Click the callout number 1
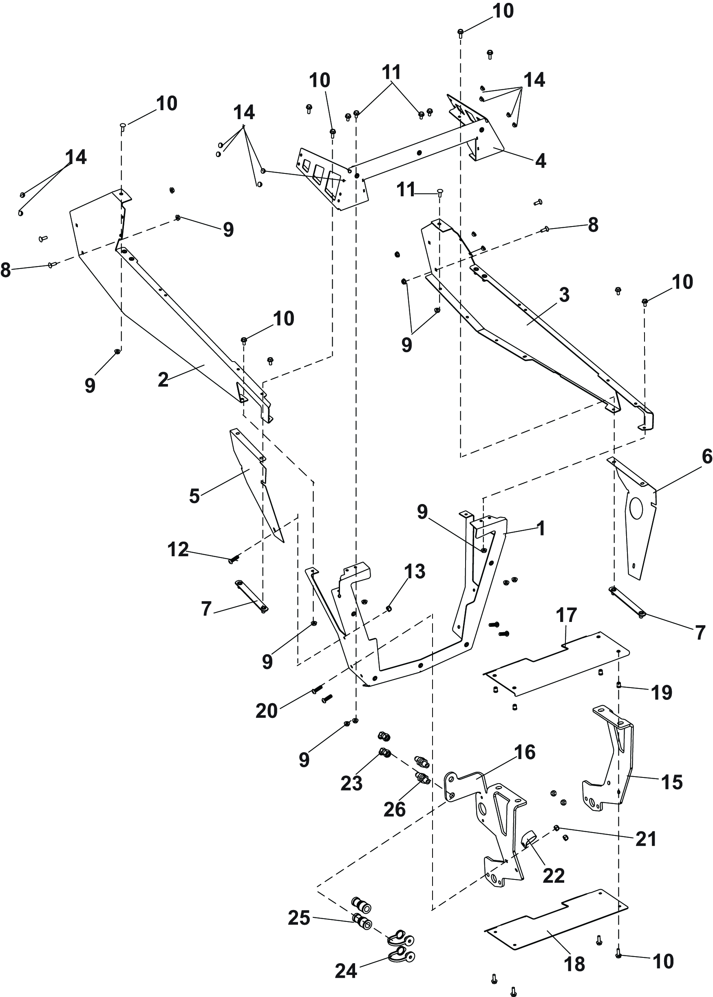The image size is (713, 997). tap(541, 528)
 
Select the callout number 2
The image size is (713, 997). tap(163, 380)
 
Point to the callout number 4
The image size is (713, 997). tap(541, 161)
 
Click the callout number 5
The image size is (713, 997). tap(194, 496)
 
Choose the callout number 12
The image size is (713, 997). tap(178, 549)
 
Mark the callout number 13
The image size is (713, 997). tap(415, 572)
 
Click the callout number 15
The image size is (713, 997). tap(672, 782)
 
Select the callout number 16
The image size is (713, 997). tap(525, 752)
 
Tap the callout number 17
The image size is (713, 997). tap(566, 615)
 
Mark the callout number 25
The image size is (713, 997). tap(299, 918)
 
